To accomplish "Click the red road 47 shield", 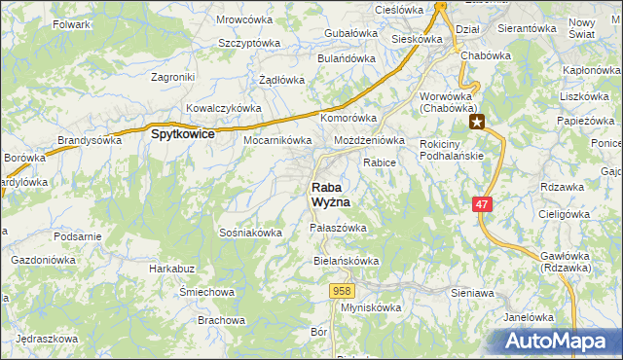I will point(483,204).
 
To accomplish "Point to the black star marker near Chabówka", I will point(477,123).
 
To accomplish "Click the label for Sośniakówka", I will point(251,233).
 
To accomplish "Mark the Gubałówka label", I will point(349,33).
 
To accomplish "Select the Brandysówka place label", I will point(90,140).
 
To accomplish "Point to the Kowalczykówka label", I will point(224,108).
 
